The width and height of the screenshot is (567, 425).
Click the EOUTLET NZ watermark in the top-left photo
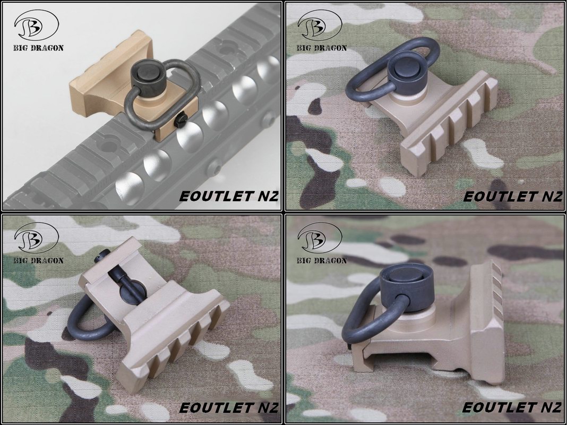pyautogui.click(x=228, y=195)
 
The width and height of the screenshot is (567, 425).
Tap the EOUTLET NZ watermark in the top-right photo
pyautogui.click(x=512, y=195)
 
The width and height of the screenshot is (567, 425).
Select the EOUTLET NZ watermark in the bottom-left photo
pyautogui.click(x=228, y=407)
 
